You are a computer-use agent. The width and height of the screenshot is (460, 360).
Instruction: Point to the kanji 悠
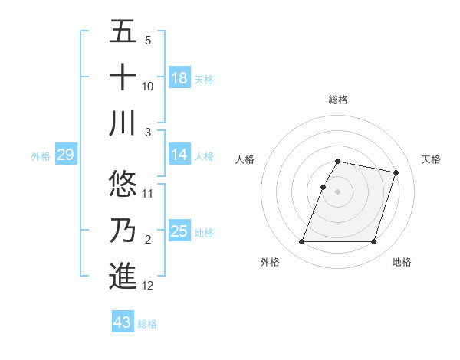pos(123,184)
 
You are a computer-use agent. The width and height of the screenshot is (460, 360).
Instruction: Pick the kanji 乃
pos(123,231)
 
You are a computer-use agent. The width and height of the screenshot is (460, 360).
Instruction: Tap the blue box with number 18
pos(179,78)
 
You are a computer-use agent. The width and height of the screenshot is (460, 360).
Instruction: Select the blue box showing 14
pos(179,155)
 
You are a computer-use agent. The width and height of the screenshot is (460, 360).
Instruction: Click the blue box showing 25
pos(179,231)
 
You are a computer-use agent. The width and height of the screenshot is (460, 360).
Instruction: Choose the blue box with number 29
pos(65,155)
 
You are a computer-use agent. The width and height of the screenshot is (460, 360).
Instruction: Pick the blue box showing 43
pos(123,322)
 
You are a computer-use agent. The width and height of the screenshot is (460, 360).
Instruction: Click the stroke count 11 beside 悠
pos(148,193)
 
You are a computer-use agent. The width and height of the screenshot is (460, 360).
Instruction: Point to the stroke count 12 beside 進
pos(148,286)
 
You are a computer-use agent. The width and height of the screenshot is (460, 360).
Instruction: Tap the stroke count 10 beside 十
pos(148,86)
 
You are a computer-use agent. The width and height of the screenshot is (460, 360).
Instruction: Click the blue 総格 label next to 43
pos(147,324)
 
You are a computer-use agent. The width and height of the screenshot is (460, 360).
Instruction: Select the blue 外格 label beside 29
pos(41,156)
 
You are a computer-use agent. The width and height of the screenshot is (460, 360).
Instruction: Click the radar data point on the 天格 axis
pos(396,173)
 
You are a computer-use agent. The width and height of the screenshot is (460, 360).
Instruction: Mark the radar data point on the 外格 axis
pos(301,242)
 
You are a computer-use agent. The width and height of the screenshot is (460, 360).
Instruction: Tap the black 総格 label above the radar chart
pos(338,100)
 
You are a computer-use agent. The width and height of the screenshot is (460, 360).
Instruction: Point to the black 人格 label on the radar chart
pos(245,159)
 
